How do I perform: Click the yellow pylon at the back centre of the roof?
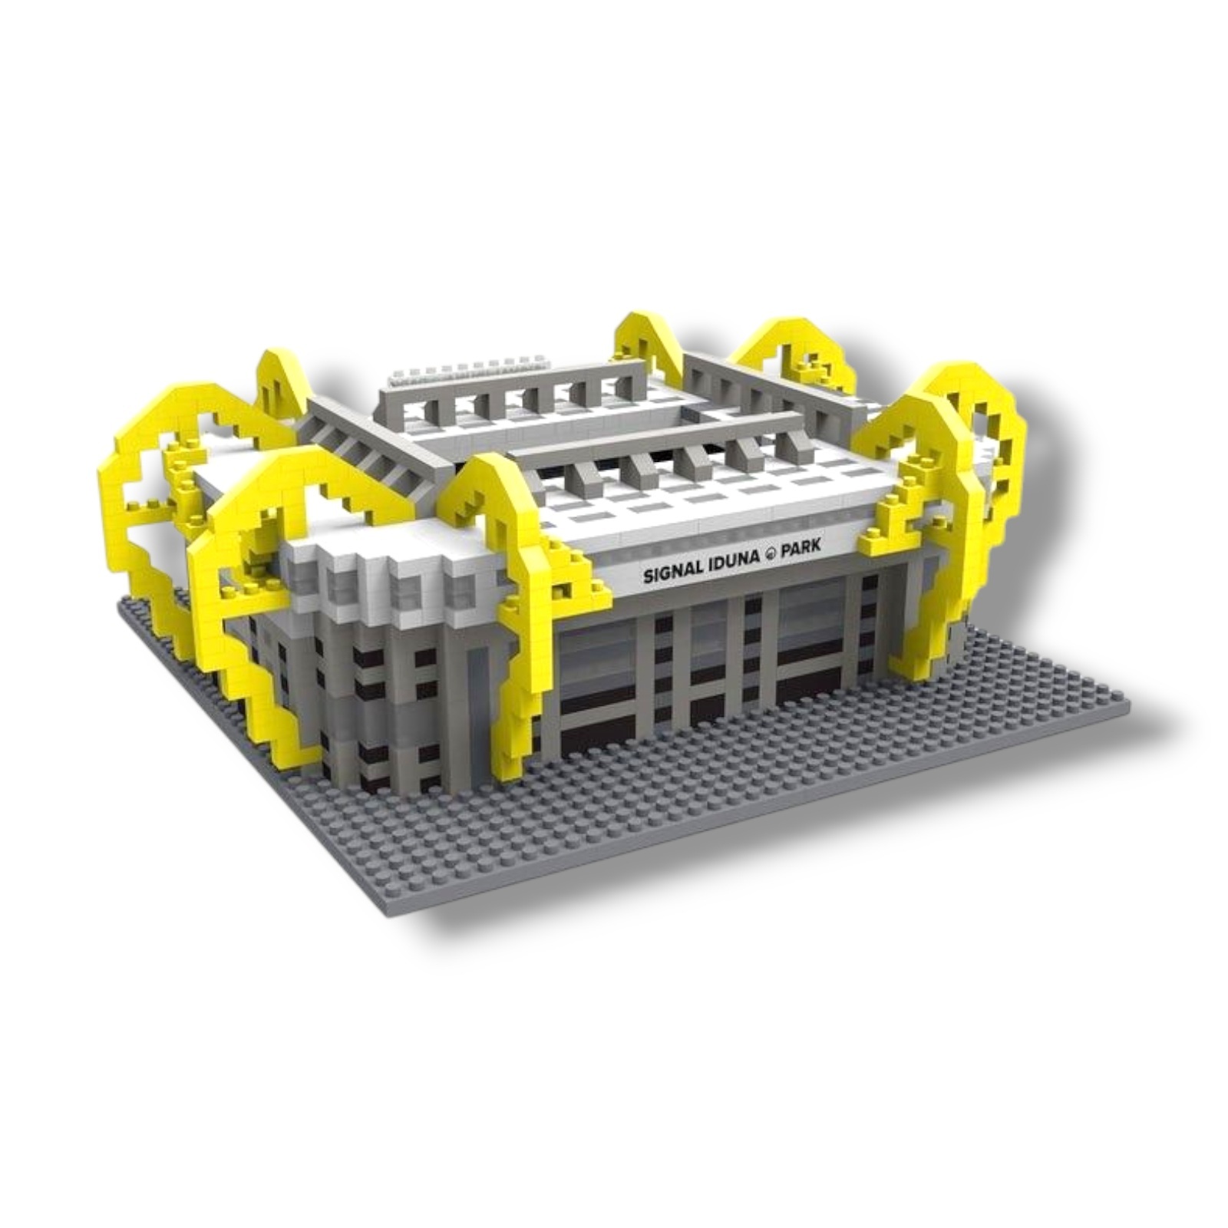(649, 345)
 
